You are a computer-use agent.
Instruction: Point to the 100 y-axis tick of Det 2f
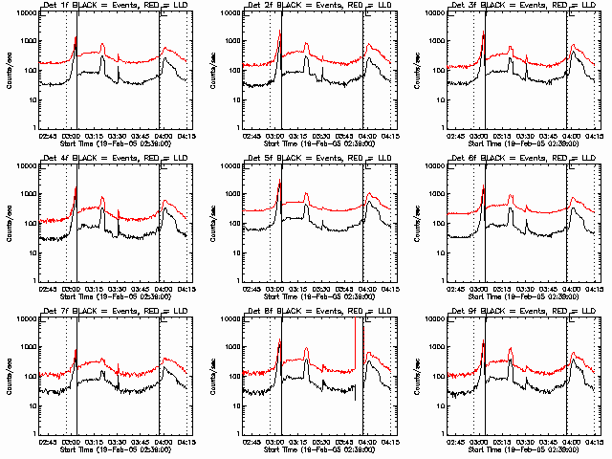(234, 71)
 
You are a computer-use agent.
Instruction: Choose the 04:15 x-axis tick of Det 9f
(594, 442)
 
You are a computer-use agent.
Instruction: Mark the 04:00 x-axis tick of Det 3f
(569, 136)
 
